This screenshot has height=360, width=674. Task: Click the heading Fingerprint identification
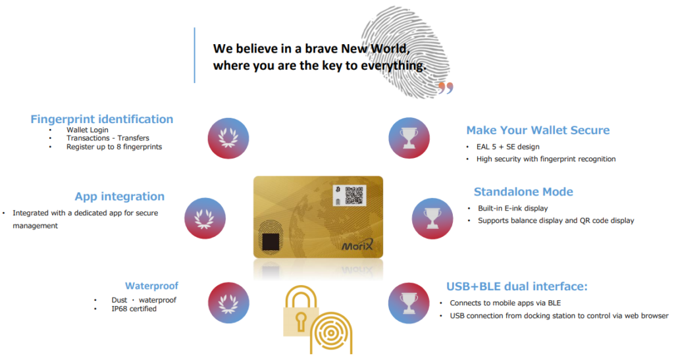[x=102, y=119]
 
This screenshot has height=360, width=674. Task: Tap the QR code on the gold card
[x=354, y=195]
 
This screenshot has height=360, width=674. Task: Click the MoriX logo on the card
[x=357, y=245]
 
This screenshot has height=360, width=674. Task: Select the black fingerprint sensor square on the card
[x=271, y=242]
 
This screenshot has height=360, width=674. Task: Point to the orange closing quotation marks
[x=446, y=88]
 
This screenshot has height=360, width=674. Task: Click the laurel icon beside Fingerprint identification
[x=228, y=138]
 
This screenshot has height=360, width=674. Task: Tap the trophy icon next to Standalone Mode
[x=432, y=219]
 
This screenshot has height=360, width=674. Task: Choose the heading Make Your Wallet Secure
[x=538, y=130]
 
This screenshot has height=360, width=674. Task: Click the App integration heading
[x=120, y=196]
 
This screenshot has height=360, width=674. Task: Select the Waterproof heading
[x=151, y=286]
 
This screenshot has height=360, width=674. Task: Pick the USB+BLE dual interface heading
[x=517, y=286]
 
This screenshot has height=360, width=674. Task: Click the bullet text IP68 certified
[x=134, y=309]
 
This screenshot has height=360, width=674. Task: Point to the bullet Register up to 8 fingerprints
[x=114, y=147]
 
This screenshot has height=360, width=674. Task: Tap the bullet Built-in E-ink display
[x=513, y=209]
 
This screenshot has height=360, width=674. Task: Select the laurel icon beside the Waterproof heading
[x=228, y=303]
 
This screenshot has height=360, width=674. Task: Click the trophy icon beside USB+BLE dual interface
[x=409, y=303]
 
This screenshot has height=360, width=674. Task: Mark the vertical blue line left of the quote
[x=195, y=55]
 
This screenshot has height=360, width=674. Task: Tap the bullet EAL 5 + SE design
[x=507, y=147]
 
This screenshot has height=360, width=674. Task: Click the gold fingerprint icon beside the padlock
[x=331, y=333]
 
